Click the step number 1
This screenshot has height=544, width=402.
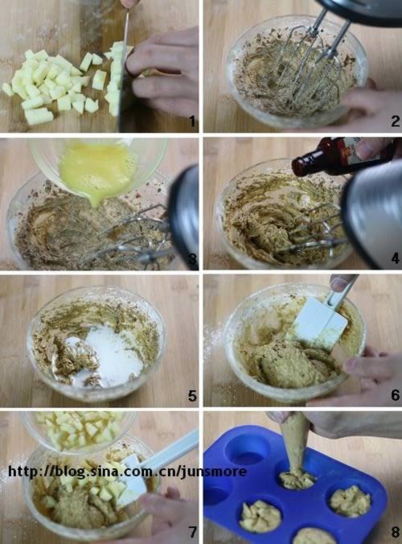pyautogui.click(x=192, y=121)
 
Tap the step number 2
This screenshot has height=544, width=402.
pyautogui.click(x=396, y=121)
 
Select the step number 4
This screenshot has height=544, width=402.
pyautogui.click(x=396, y=258)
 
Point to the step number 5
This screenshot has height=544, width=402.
pyautogui.click(x=192, y=395)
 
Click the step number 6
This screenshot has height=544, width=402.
pyautogui.click(x=396, y=395)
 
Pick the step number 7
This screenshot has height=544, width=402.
pyautogui.click(x=192, y=531)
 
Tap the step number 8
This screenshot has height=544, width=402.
pyautogui.click(x=396, y=531)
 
